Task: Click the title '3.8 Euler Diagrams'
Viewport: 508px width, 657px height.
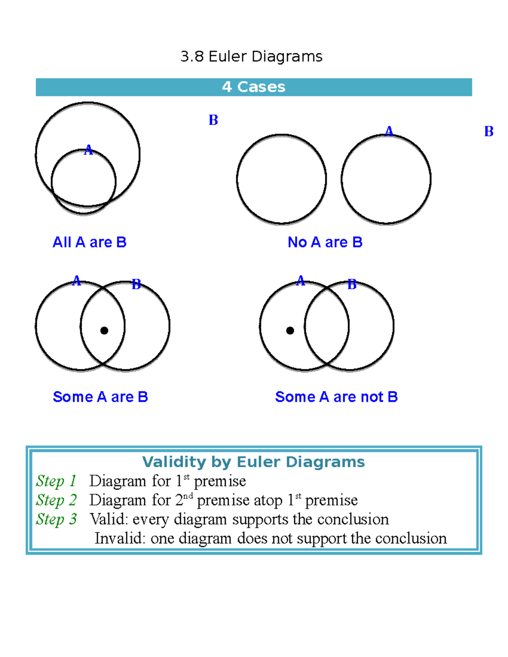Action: [251, 56]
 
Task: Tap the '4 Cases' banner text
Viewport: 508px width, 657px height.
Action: [254, 87]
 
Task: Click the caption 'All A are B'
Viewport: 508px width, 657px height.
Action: [89, 242]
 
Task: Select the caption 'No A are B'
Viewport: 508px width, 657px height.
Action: [325, 242]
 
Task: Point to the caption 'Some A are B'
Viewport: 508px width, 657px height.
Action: [100, 397]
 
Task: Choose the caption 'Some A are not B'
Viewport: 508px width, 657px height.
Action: [336, 397]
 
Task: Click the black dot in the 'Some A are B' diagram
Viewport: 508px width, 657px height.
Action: [104, 330]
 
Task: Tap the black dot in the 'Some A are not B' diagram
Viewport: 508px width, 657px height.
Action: [290, 330]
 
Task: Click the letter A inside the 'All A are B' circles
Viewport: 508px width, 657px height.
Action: [88, 150]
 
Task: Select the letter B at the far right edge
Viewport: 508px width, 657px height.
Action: [489, 132]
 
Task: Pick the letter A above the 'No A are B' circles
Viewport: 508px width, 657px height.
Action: [389, 131]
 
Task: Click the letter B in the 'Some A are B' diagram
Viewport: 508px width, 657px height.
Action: [136, 284]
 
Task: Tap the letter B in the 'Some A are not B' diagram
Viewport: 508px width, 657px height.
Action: [352, 285]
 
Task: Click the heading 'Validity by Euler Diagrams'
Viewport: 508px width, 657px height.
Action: [253, 462]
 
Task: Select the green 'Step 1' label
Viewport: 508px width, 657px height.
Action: [56, 481]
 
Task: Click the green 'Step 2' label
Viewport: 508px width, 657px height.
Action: [56, 500]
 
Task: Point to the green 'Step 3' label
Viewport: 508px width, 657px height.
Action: [56, 519]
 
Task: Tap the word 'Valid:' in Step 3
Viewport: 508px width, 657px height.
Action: [108, 519]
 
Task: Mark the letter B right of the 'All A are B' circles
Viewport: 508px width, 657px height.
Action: [213, 120]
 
